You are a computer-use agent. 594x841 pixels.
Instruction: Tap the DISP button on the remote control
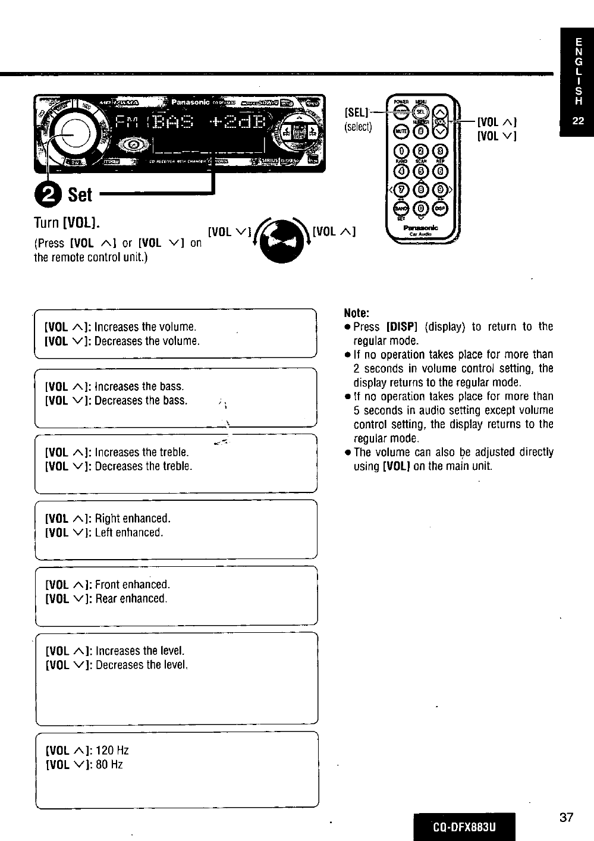point(440,208)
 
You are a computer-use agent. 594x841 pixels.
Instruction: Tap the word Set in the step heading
point(80,194)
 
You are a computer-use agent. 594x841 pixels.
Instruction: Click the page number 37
point(566,817)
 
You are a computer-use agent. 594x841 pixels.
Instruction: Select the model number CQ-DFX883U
point(464,827)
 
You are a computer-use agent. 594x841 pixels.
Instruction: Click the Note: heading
point(357,313)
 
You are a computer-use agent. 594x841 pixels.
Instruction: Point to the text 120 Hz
point(112,751)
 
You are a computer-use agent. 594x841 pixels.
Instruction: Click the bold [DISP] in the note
point(403,327)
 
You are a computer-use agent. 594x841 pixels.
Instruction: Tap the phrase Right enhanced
point(133,518)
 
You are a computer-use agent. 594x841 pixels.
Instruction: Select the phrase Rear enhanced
point(131,598)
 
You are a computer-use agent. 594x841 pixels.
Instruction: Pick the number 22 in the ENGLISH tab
point(577,121)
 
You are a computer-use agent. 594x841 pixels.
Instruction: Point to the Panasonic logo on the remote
point(420,228)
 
